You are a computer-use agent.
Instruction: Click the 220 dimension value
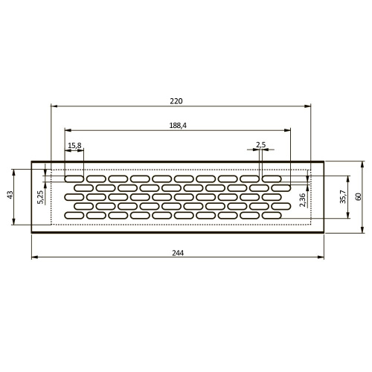[x=176, y=101]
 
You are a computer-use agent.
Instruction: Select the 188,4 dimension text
[x=178, y=126]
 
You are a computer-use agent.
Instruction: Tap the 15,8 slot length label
[x=74, y=146]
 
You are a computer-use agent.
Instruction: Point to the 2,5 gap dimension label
[x=260, y=145]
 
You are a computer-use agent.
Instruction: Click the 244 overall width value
[x=178, y=253]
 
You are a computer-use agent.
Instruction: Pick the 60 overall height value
[x=359, y=196]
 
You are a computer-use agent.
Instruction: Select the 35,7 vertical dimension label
[x=343, y=197]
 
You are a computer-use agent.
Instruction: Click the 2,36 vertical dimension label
[x=303, y=200]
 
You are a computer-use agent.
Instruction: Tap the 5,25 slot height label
[x=40, y=197]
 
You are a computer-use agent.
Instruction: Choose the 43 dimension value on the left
[x=10, y=195]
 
